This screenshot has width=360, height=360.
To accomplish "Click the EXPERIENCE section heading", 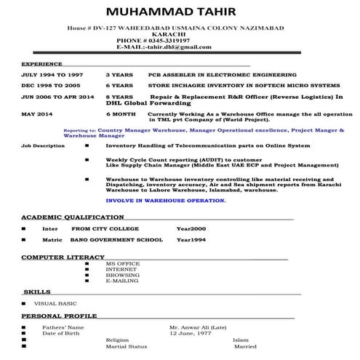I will coord(41,65).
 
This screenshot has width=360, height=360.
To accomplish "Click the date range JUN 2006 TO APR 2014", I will coord(57,96).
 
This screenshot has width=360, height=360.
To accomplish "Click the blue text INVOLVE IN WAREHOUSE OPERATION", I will coord(165,199).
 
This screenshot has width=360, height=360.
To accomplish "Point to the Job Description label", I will coord(43,146).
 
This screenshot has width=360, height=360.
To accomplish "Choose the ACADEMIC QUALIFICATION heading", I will coord(72,217).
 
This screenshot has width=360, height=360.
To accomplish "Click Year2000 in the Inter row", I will coord(191,228).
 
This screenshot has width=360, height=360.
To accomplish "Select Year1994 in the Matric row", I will coord(191,239).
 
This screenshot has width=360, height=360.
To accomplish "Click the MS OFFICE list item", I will coord(122,264).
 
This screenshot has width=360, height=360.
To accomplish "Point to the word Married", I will coord(245,346).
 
